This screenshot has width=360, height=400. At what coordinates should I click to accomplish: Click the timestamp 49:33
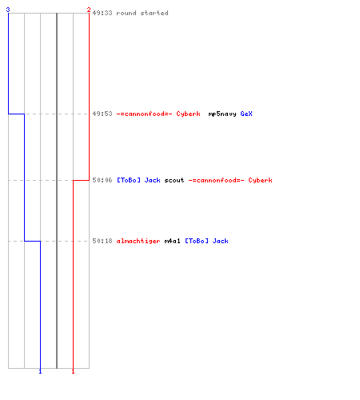pyautogui.click(x=102, y=13)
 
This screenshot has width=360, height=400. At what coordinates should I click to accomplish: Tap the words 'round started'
pyautogui.click(x=142, y=13)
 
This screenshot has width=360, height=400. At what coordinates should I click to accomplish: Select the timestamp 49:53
pyautogui.click(x=102, y=114)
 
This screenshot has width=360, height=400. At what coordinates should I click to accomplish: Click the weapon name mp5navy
pyautogui.click(x=222, y=114)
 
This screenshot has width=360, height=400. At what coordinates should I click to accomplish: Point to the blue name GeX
pyautogui.click(x=246, y=114)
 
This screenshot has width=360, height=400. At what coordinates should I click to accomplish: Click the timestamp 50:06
pyautogui.click(x=102, y=180)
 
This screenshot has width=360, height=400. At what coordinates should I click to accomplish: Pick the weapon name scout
pyautogui.click(x=174, y=180)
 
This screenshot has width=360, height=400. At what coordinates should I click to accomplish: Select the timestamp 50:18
pyautogui.click(x=102, y=241)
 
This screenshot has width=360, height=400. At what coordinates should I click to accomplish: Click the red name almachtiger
pyautogui.click(x=138, y=242)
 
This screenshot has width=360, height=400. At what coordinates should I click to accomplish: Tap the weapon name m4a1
pyautogui.click(x=172, y=241)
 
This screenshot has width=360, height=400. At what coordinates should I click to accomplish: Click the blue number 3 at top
pyautogui.click(x=8, y=10)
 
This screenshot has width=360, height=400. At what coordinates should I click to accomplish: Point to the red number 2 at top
pyautogui.click(x=89, y=10)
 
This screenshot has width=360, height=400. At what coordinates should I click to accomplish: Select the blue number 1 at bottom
pyautogui.click(x=40, y=371)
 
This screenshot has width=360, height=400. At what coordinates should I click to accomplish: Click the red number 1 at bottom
pyautogui.click(x=73, y=371)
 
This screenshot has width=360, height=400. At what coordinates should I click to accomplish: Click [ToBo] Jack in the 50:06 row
pyautogui.click(x=138, y=180)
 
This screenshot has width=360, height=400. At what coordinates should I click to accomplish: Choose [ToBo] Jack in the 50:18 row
pyautogui.click(x=206, y=241)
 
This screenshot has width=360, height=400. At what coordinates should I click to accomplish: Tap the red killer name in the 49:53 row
pyautogui.click(x=158, y=114)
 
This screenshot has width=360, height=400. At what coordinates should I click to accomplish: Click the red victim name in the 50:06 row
pyautogui.click(x=230, y=180)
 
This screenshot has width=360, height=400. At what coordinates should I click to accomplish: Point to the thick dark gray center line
pyautogui.click(x=57, y=190)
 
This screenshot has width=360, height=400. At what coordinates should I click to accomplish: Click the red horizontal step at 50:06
pyautogui.click(x=81, y=180)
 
